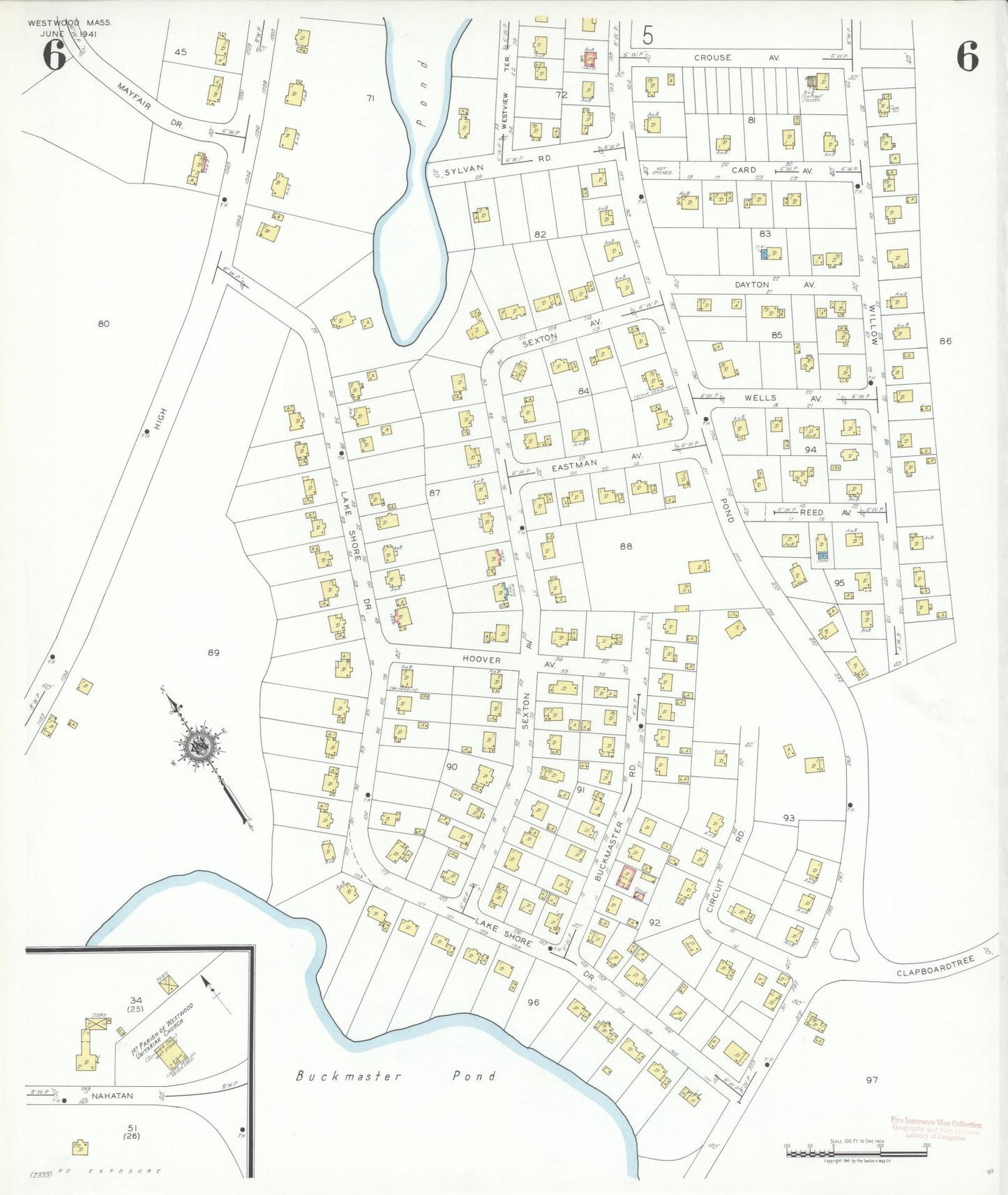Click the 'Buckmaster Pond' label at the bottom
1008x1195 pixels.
(x=396, y=1076)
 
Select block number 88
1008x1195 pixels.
(x=626, y=546)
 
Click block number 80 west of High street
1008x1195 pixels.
(x=103, y=324)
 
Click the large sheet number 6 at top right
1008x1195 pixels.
(x=967, y=56)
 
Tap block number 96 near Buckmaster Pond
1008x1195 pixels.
(x=533, y=1003)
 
